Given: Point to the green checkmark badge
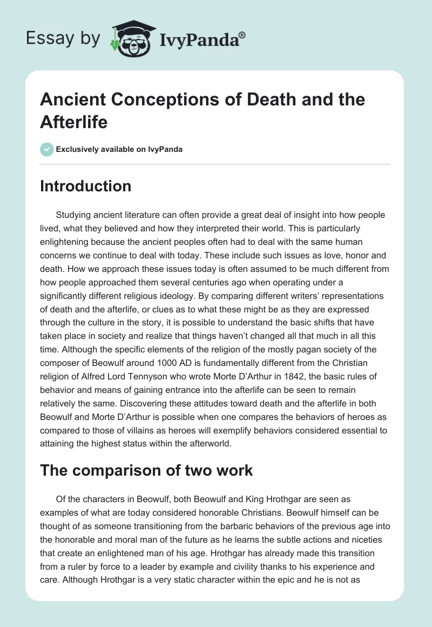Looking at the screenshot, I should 47,149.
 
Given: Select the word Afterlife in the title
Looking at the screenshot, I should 74,122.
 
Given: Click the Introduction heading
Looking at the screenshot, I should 85,186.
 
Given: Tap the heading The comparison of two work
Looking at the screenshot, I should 147,470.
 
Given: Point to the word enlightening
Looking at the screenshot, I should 67,241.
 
